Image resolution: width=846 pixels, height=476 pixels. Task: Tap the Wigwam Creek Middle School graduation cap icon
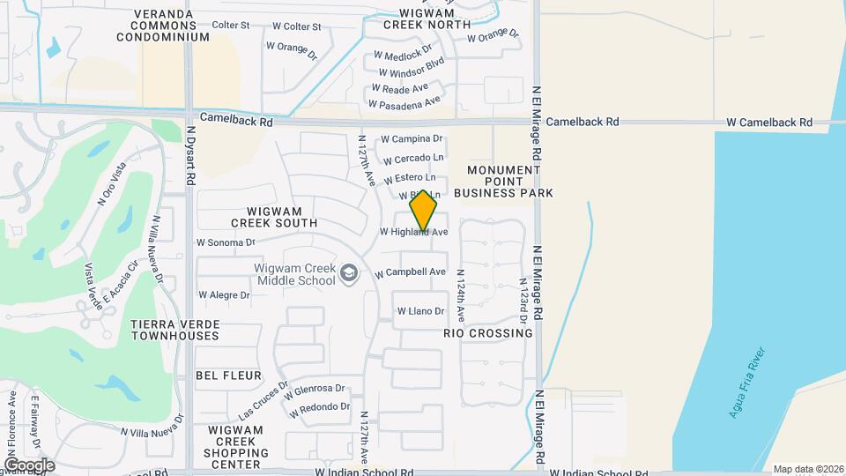(350, 274)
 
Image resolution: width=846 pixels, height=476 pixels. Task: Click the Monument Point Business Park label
(503, 181)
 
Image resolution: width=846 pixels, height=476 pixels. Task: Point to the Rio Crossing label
(488, 334)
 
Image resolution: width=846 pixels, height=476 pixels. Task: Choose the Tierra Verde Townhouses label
(174, 330)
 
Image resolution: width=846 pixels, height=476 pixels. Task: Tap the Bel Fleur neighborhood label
(228, 376)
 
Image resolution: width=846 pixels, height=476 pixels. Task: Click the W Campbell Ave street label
(411, 272)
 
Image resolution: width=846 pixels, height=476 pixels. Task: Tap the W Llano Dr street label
(420, 311)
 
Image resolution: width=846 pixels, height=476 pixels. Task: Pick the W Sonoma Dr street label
(225, 242)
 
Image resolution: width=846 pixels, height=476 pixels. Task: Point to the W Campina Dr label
(411, 139)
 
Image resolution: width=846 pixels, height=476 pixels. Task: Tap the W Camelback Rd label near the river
(768, 123)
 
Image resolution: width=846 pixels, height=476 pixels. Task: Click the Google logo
(29, 465)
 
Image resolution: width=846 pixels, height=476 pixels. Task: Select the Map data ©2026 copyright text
(807, 469)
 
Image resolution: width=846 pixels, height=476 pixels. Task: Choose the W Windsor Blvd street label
(411, 72)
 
